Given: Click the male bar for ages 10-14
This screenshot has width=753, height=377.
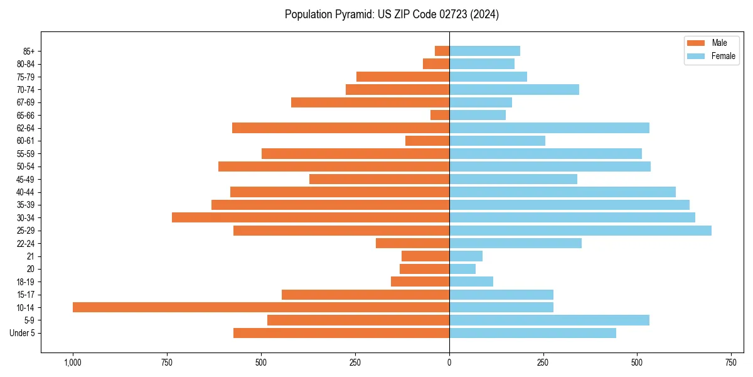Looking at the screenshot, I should click(261, 307).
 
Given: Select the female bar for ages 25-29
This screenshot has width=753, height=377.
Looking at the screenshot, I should click(580, 231).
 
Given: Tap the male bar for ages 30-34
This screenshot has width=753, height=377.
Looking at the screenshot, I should click(311, 217).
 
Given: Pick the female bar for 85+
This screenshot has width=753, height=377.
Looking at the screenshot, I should click(484, 51).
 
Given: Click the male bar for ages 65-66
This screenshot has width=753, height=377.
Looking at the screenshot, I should click(440, 115).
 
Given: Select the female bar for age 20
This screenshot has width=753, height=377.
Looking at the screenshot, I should click(462, 269).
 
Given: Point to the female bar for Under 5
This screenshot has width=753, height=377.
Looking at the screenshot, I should click(533, 333).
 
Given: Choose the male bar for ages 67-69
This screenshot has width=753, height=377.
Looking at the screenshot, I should click(370, 102).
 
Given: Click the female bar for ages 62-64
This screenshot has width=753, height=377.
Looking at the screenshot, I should click(549, 128).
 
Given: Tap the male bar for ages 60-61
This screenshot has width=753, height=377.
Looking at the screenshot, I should click(427, 141).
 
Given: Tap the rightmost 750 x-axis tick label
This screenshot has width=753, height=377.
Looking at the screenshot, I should click(731, 363).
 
